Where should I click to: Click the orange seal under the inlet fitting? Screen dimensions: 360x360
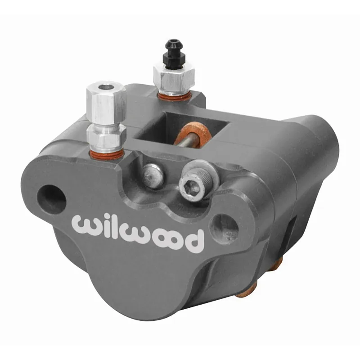pos(107,154)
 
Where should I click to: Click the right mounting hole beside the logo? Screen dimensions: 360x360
pos(223,223)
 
